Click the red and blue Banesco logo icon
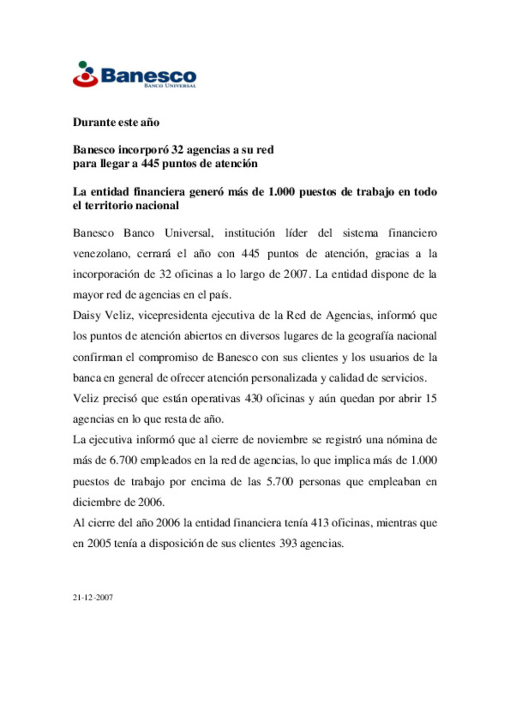[x=85, y=74]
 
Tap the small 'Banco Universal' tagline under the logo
[x=170, y=86]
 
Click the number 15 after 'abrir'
[x=431, y=398]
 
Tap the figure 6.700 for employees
[x=123, y=460]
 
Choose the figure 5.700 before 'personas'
[x=280, y=481]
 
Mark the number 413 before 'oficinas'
[x=319, y=523]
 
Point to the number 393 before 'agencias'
[x=288, y=543]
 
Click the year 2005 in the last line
[x=99, y=543]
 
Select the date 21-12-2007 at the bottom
[x=93, y=597]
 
